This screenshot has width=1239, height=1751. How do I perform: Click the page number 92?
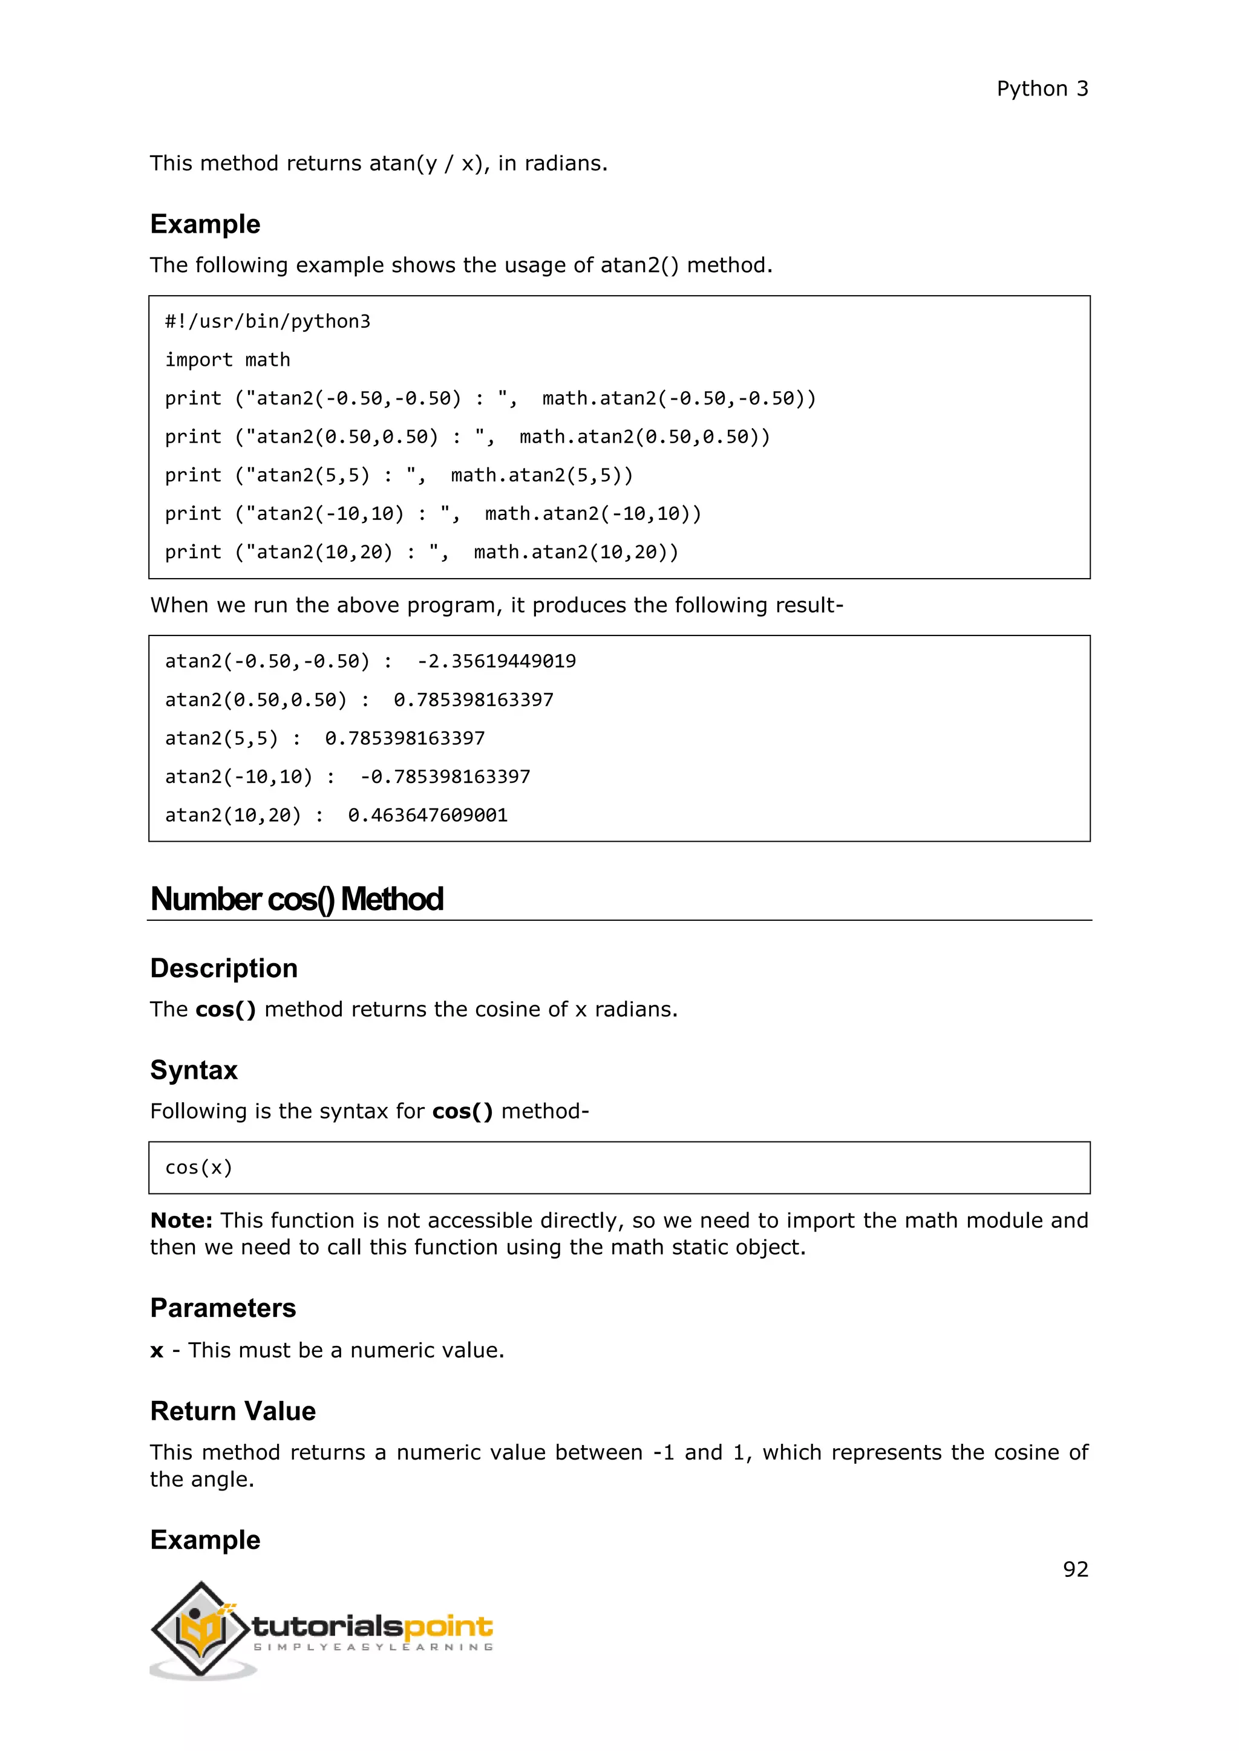[1075, 1569]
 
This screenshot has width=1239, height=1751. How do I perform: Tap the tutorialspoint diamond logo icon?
[201, 1629]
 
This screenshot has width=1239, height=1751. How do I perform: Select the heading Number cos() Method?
[297, 899]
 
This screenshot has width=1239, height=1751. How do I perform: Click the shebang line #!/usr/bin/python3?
[268, 321]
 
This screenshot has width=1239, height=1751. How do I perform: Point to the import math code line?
[227, 360]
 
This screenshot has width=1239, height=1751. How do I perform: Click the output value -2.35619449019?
[496, 661]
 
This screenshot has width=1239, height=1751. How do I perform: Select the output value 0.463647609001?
[427, 815]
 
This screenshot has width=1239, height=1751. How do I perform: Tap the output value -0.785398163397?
[445, 776]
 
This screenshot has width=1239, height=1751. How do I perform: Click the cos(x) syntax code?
[198, 1168]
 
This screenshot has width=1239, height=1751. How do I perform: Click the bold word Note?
[181, 1221]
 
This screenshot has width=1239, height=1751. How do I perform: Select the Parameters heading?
[223, 1308]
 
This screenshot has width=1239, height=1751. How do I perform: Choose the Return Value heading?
[233, 1411]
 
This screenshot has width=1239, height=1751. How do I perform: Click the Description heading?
[223, 968]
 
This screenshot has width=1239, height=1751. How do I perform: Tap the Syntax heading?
[194, 1070]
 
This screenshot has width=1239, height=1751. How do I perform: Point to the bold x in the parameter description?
[157, 1351]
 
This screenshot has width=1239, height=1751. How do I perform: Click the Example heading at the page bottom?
[205, 1540]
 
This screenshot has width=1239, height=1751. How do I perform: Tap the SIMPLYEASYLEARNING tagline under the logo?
[373, 1646]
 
